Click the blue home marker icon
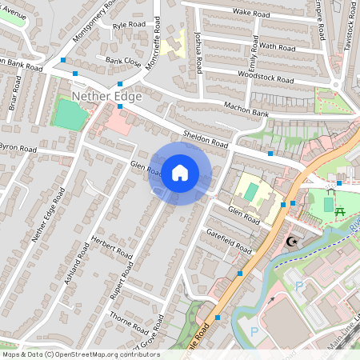[x=180, y=173]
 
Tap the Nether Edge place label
[x=107, y=97]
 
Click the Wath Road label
[x=276, y=46]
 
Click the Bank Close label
[x=123, y=61]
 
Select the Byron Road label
[x=17, y=149]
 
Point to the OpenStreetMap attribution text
[x=70, y=354]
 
